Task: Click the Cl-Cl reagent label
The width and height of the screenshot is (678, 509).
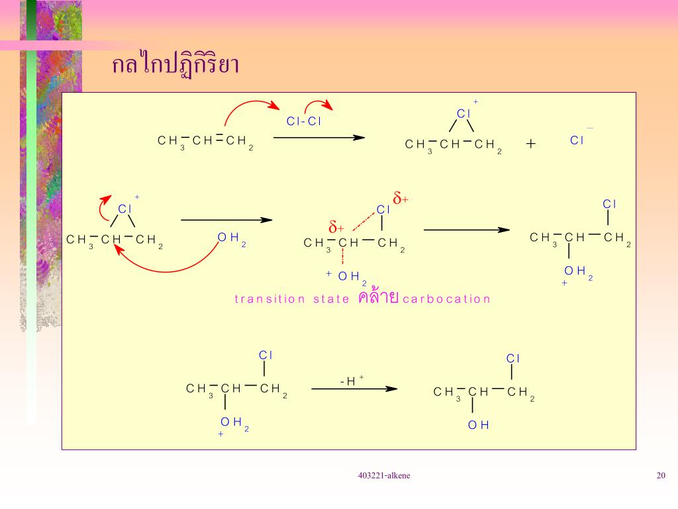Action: [303, 121]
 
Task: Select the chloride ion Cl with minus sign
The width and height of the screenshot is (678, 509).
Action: [578, 140]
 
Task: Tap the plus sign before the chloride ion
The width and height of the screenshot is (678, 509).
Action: [531, 142]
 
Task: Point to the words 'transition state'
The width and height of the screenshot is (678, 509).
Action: [291, 299]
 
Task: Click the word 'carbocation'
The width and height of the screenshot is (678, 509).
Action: [446, 299]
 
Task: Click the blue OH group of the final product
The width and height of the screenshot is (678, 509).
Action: [478, 425]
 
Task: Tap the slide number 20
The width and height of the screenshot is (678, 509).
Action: [661, 475]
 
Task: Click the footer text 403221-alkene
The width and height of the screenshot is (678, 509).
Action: [383, 475]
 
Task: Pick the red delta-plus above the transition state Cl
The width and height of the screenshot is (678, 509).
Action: [401, 198]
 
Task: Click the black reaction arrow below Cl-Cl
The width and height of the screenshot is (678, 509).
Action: [319, 138]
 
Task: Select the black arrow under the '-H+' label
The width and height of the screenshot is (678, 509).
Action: [354, 389]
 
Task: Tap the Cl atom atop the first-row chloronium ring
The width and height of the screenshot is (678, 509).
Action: [463, 113]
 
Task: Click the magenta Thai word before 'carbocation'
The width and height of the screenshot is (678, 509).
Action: [377, 297]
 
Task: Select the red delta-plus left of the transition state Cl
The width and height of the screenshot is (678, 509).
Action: [337, 226]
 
